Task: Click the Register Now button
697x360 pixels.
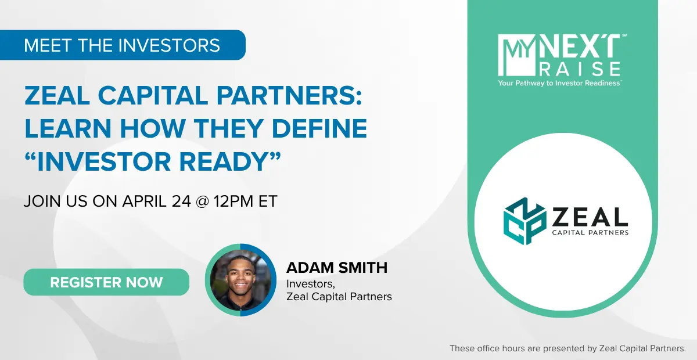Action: tap(106, 282)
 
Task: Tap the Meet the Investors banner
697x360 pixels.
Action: tap(123, 45)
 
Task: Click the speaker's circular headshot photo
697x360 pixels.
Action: tap(240, 280)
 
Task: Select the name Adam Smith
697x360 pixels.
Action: tap(337, 268)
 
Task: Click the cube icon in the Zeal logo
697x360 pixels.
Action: tap(525, 221)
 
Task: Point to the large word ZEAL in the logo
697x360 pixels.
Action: tap(590, 217)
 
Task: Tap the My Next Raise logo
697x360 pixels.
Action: tap(562, 60)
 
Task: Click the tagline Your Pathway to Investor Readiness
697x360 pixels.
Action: tap(559, 83)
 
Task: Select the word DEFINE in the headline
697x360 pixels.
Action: tap(319, 128)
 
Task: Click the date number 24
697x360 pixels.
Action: tap(181, 201)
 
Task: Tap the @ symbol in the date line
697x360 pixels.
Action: tap(202, 201)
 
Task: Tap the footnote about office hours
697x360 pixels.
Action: tap(567, 348)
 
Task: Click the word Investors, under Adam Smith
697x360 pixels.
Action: tap(311, 284)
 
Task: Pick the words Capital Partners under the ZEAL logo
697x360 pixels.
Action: tap(590, 232)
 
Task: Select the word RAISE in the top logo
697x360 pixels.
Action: tap(580, 69)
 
